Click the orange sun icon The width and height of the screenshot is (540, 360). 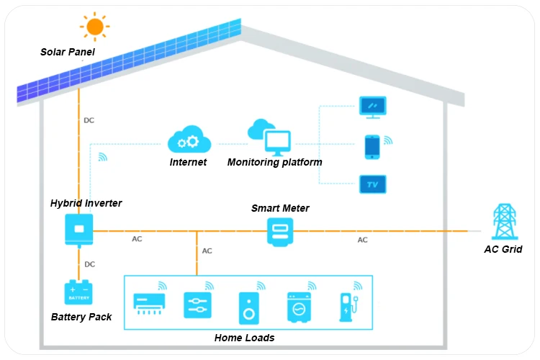tap(95, 27)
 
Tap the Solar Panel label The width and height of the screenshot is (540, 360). tap(67, 52)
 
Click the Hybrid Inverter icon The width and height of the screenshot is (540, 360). tap(79, 230)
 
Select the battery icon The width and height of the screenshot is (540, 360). tap(79, 292)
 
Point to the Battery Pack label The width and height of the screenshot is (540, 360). tap(81, 317)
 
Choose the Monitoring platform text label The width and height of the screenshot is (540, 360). tap(274, 162)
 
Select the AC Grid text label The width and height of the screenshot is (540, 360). tap(503, 249)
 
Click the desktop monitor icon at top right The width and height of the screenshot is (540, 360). tap(373, 107)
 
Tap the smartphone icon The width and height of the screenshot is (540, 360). tap(372, 146)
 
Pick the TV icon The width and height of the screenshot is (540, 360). tap(373, 184)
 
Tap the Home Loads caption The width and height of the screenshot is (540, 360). tap(244, 338)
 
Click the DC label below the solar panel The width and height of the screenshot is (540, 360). tap(89, 120)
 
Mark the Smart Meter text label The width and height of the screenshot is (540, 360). tap(280, 208)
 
